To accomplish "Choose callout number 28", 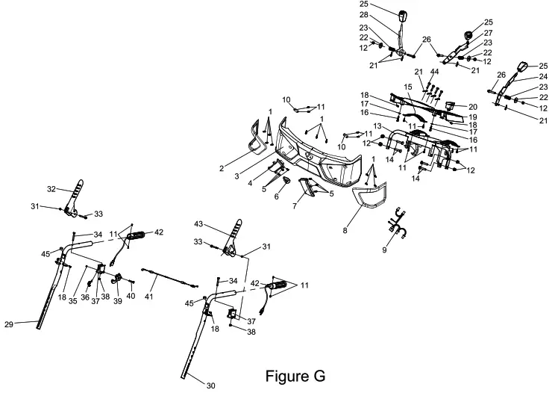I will coord(383,16).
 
